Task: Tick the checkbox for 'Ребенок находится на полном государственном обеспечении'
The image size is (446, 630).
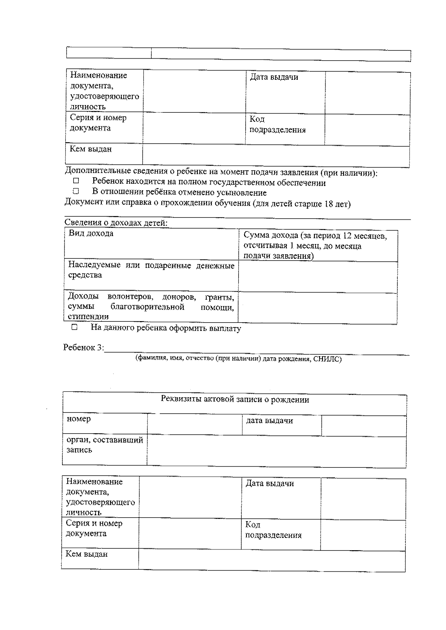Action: pos(76,181)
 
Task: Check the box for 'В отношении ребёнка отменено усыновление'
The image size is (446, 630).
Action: pos(76,192)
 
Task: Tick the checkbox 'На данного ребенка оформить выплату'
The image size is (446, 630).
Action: pos(75,327)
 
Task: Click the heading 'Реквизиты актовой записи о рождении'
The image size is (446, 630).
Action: pos(235,399)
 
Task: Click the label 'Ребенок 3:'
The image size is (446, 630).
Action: pos(84,348)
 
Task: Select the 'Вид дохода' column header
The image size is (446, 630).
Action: pos(91,234)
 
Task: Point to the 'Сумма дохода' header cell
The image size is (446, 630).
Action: pos(315,245)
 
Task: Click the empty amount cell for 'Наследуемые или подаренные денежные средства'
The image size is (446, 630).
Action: pos(318,277)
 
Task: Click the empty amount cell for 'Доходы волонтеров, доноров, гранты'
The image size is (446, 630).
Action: pos(318,308)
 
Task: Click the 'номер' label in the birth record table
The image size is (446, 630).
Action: pos(79,419)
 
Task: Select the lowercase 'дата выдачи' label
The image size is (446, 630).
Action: pos(269,421)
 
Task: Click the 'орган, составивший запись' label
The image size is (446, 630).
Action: pos(104,445)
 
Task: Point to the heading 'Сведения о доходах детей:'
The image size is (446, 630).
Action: pos(116,223)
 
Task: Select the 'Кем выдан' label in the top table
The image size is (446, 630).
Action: pos(91,149)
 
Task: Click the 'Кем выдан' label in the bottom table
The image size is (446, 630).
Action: pos(87,554)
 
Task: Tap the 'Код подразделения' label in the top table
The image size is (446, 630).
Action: pos(277,124)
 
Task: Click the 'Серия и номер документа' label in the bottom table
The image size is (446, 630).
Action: pos(94,528)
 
